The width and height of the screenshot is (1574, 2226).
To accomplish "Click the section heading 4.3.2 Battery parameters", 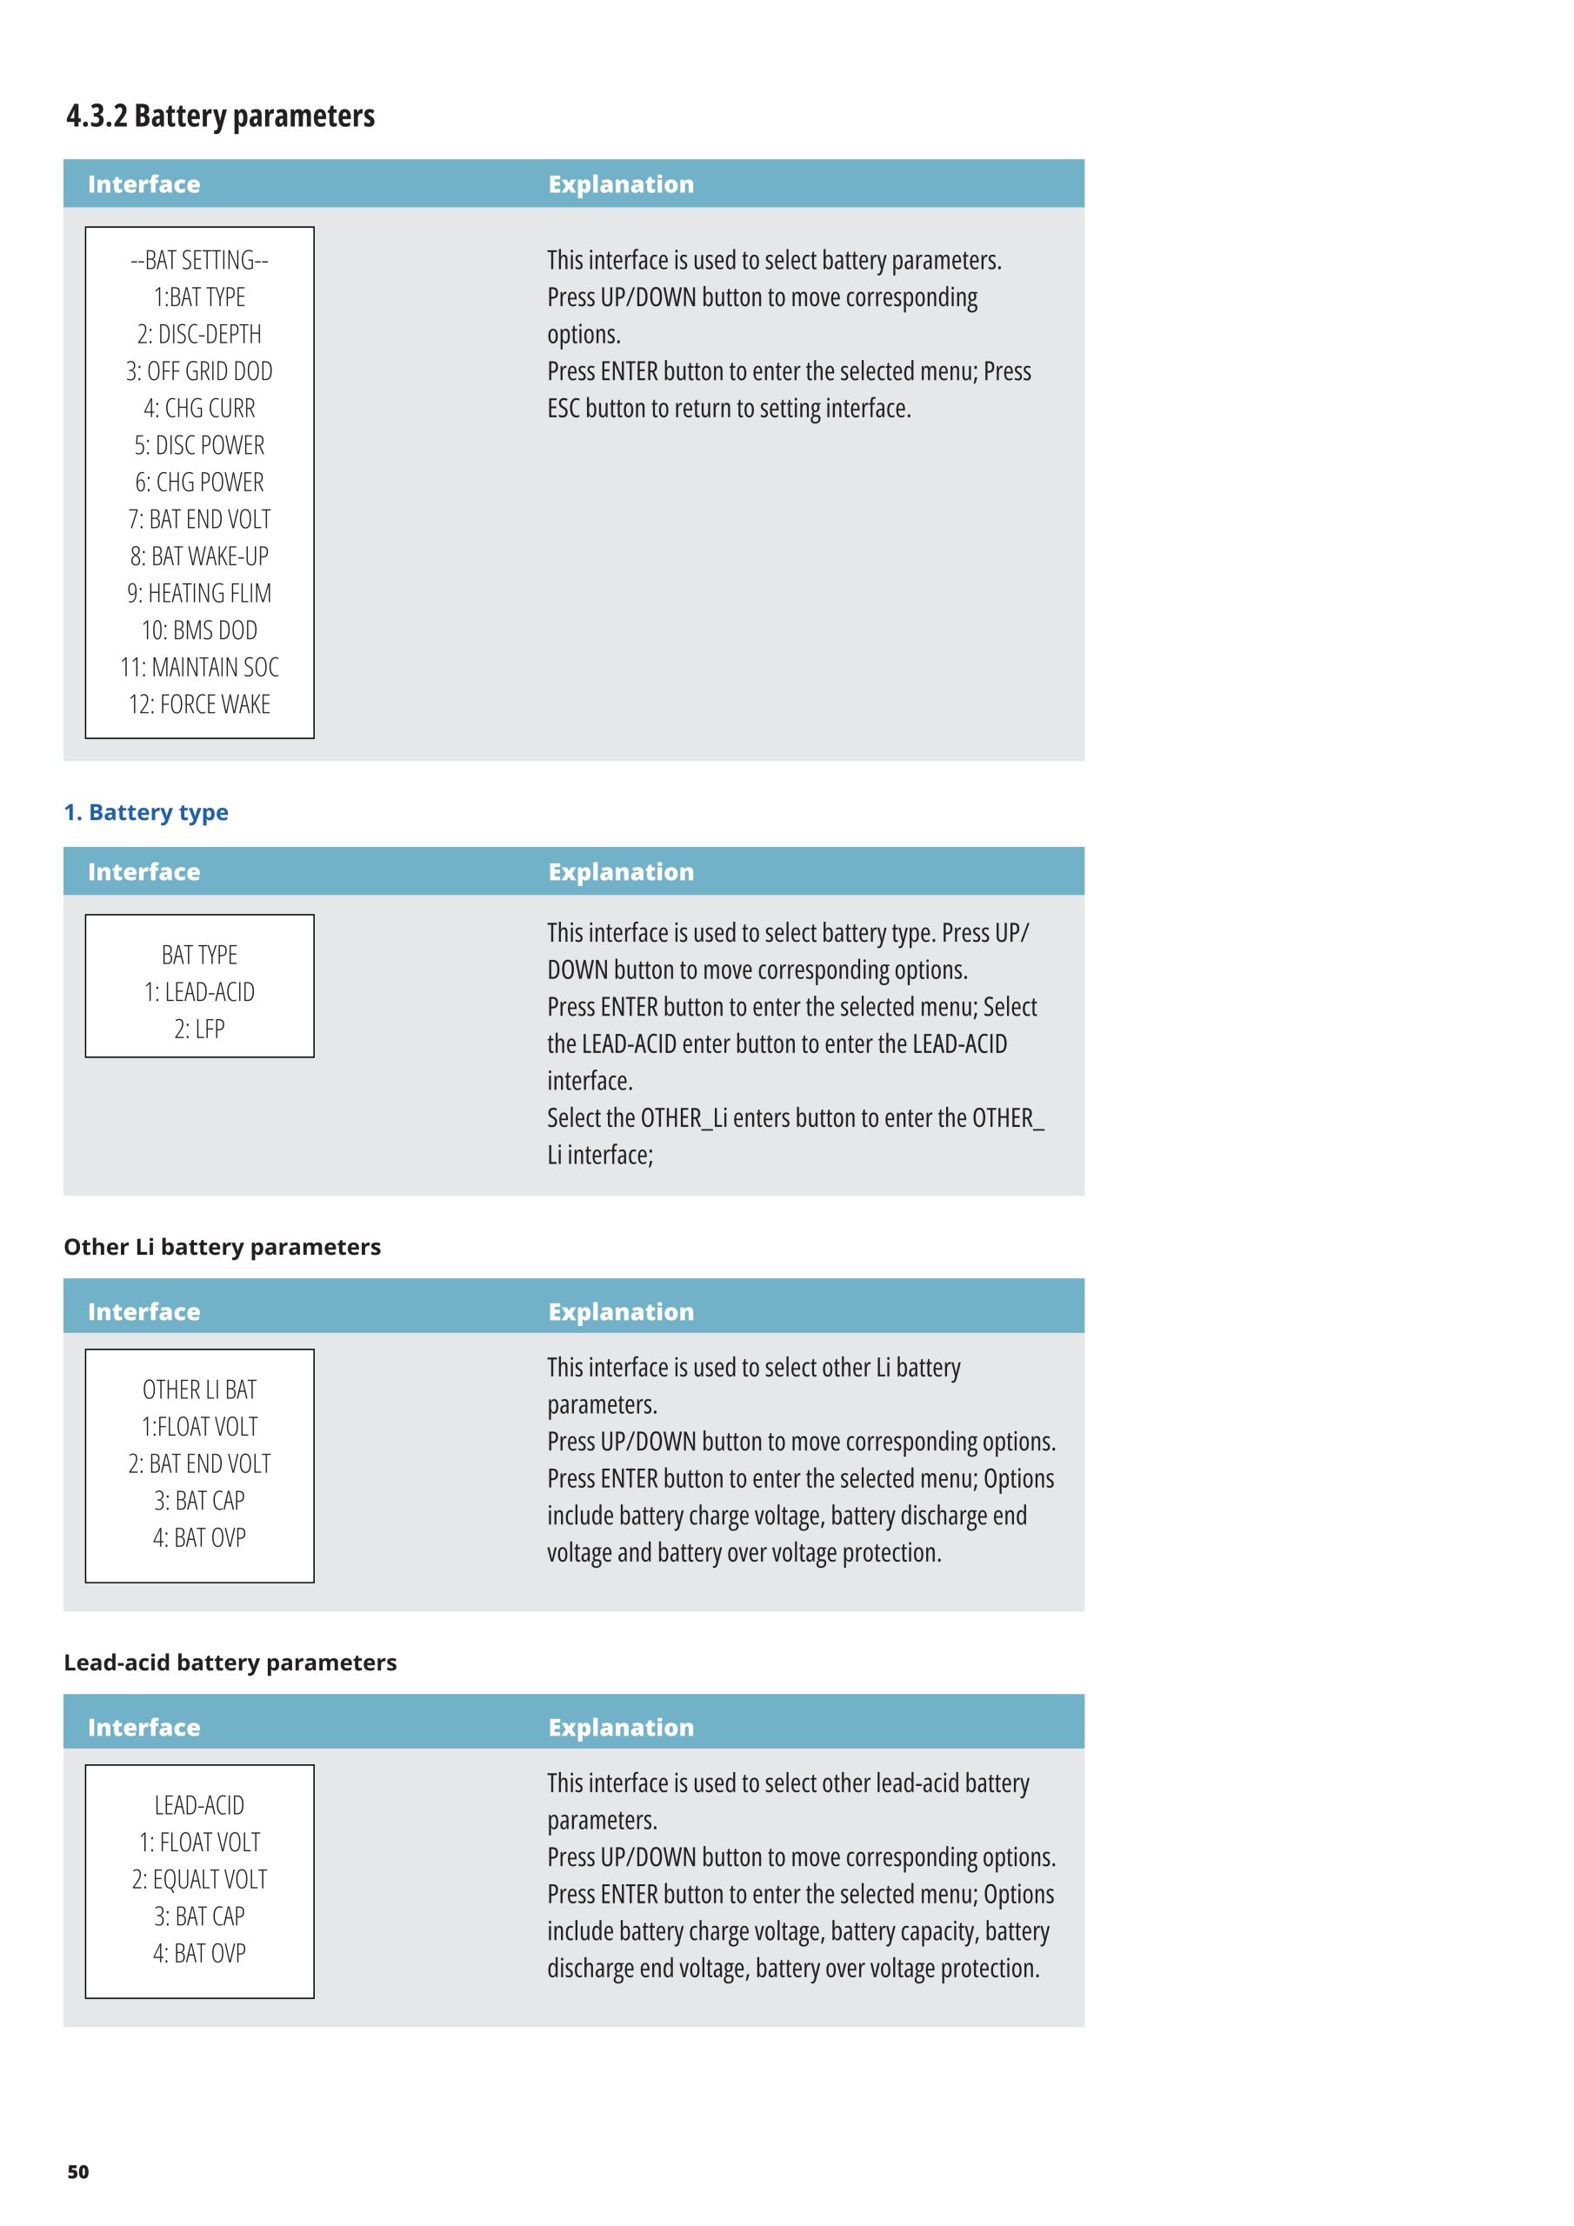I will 220,117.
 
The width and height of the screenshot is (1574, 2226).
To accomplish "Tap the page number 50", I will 77,2172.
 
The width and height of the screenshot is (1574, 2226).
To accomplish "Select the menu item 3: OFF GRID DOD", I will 199,371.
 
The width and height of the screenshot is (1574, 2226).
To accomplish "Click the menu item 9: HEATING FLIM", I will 199,593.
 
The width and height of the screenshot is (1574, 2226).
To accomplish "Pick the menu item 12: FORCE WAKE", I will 199,705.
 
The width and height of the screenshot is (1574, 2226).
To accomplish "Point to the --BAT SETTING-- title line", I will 199,261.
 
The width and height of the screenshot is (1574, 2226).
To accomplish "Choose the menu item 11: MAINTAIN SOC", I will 199,668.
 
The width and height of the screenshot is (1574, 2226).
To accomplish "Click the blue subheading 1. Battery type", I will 146,812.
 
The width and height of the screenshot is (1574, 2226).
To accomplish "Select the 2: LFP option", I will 199,1030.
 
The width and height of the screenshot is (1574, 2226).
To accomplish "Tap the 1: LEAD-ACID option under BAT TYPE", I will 199,993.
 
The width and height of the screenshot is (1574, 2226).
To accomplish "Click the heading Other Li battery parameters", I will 222,1247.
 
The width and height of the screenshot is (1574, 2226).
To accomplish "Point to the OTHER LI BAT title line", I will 199,1390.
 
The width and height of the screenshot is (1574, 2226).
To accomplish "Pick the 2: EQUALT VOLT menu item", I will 199,1880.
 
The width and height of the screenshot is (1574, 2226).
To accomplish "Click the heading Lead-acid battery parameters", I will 230,1663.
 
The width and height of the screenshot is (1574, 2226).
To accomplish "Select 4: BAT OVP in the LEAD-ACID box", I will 199,1954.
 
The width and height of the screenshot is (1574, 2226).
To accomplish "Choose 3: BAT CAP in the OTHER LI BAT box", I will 199,1501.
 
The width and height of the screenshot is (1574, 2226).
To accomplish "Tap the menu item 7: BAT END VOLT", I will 199,520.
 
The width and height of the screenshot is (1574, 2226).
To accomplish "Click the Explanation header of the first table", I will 621,184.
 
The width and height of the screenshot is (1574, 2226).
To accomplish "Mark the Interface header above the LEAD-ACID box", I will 143,1728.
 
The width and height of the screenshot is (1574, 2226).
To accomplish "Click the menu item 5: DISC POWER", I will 199,446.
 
